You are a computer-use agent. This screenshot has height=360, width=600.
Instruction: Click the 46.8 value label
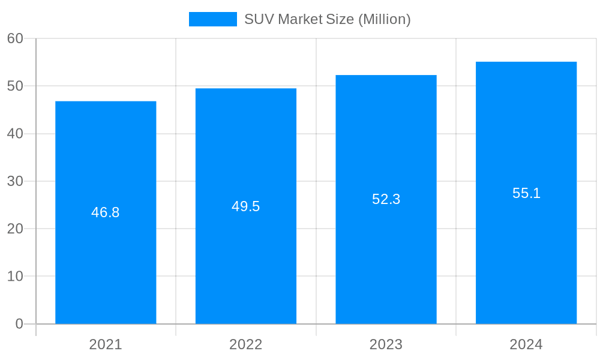[106, 212]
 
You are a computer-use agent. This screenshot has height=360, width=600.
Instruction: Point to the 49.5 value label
[246, 206]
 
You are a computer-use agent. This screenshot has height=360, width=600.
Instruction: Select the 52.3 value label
[386, 199]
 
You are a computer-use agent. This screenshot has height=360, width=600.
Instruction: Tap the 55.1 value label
[526, 193]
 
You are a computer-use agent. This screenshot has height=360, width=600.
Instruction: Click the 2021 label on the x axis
[106, 344]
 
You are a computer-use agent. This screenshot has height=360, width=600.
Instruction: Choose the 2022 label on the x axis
[246, 344]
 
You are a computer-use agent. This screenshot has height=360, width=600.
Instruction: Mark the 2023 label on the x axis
[386, 344]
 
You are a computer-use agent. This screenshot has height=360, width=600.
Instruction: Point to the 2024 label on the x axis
[526, 344]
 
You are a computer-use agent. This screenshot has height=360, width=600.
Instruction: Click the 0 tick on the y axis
[19, 324]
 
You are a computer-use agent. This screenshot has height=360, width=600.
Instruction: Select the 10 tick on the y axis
[15, 277]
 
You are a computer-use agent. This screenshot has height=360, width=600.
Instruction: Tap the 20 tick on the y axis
[15, 229]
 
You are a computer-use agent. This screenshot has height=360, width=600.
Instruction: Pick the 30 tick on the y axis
[15, 181]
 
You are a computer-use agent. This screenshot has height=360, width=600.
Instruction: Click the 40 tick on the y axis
[15, 134]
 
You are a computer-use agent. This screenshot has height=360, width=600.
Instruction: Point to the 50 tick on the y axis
[15, 86]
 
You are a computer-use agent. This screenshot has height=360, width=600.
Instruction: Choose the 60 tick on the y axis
[15, 38]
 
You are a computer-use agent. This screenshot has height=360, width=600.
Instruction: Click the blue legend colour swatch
[213, 19]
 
